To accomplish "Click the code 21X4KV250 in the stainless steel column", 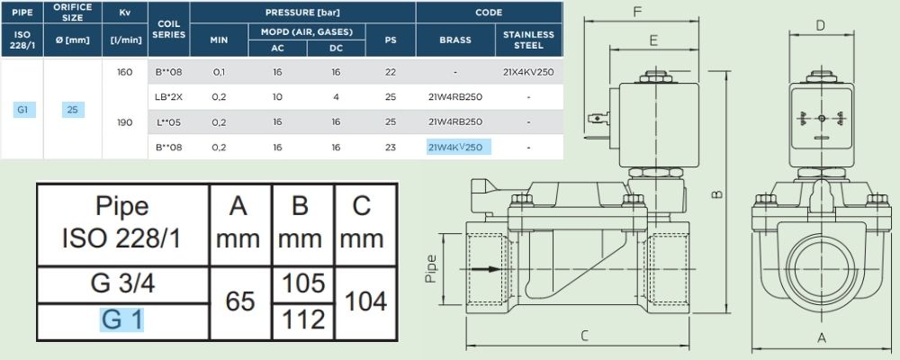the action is [x=528, y=72].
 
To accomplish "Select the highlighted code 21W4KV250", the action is [x=455, y=147].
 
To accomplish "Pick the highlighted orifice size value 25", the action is [x=72, y=109].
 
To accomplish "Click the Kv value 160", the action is [x=124, y=72].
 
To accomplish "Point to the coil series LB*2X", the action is [x=169, y=97].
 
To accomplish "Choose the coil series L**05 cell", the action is [x=169, y=121].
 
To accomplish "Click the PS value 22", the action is [x=391, y=72].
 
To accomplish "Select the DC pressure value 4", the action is [x=336, y=97].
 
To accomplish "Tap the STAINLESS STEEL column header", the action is [x=528, y=40].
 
